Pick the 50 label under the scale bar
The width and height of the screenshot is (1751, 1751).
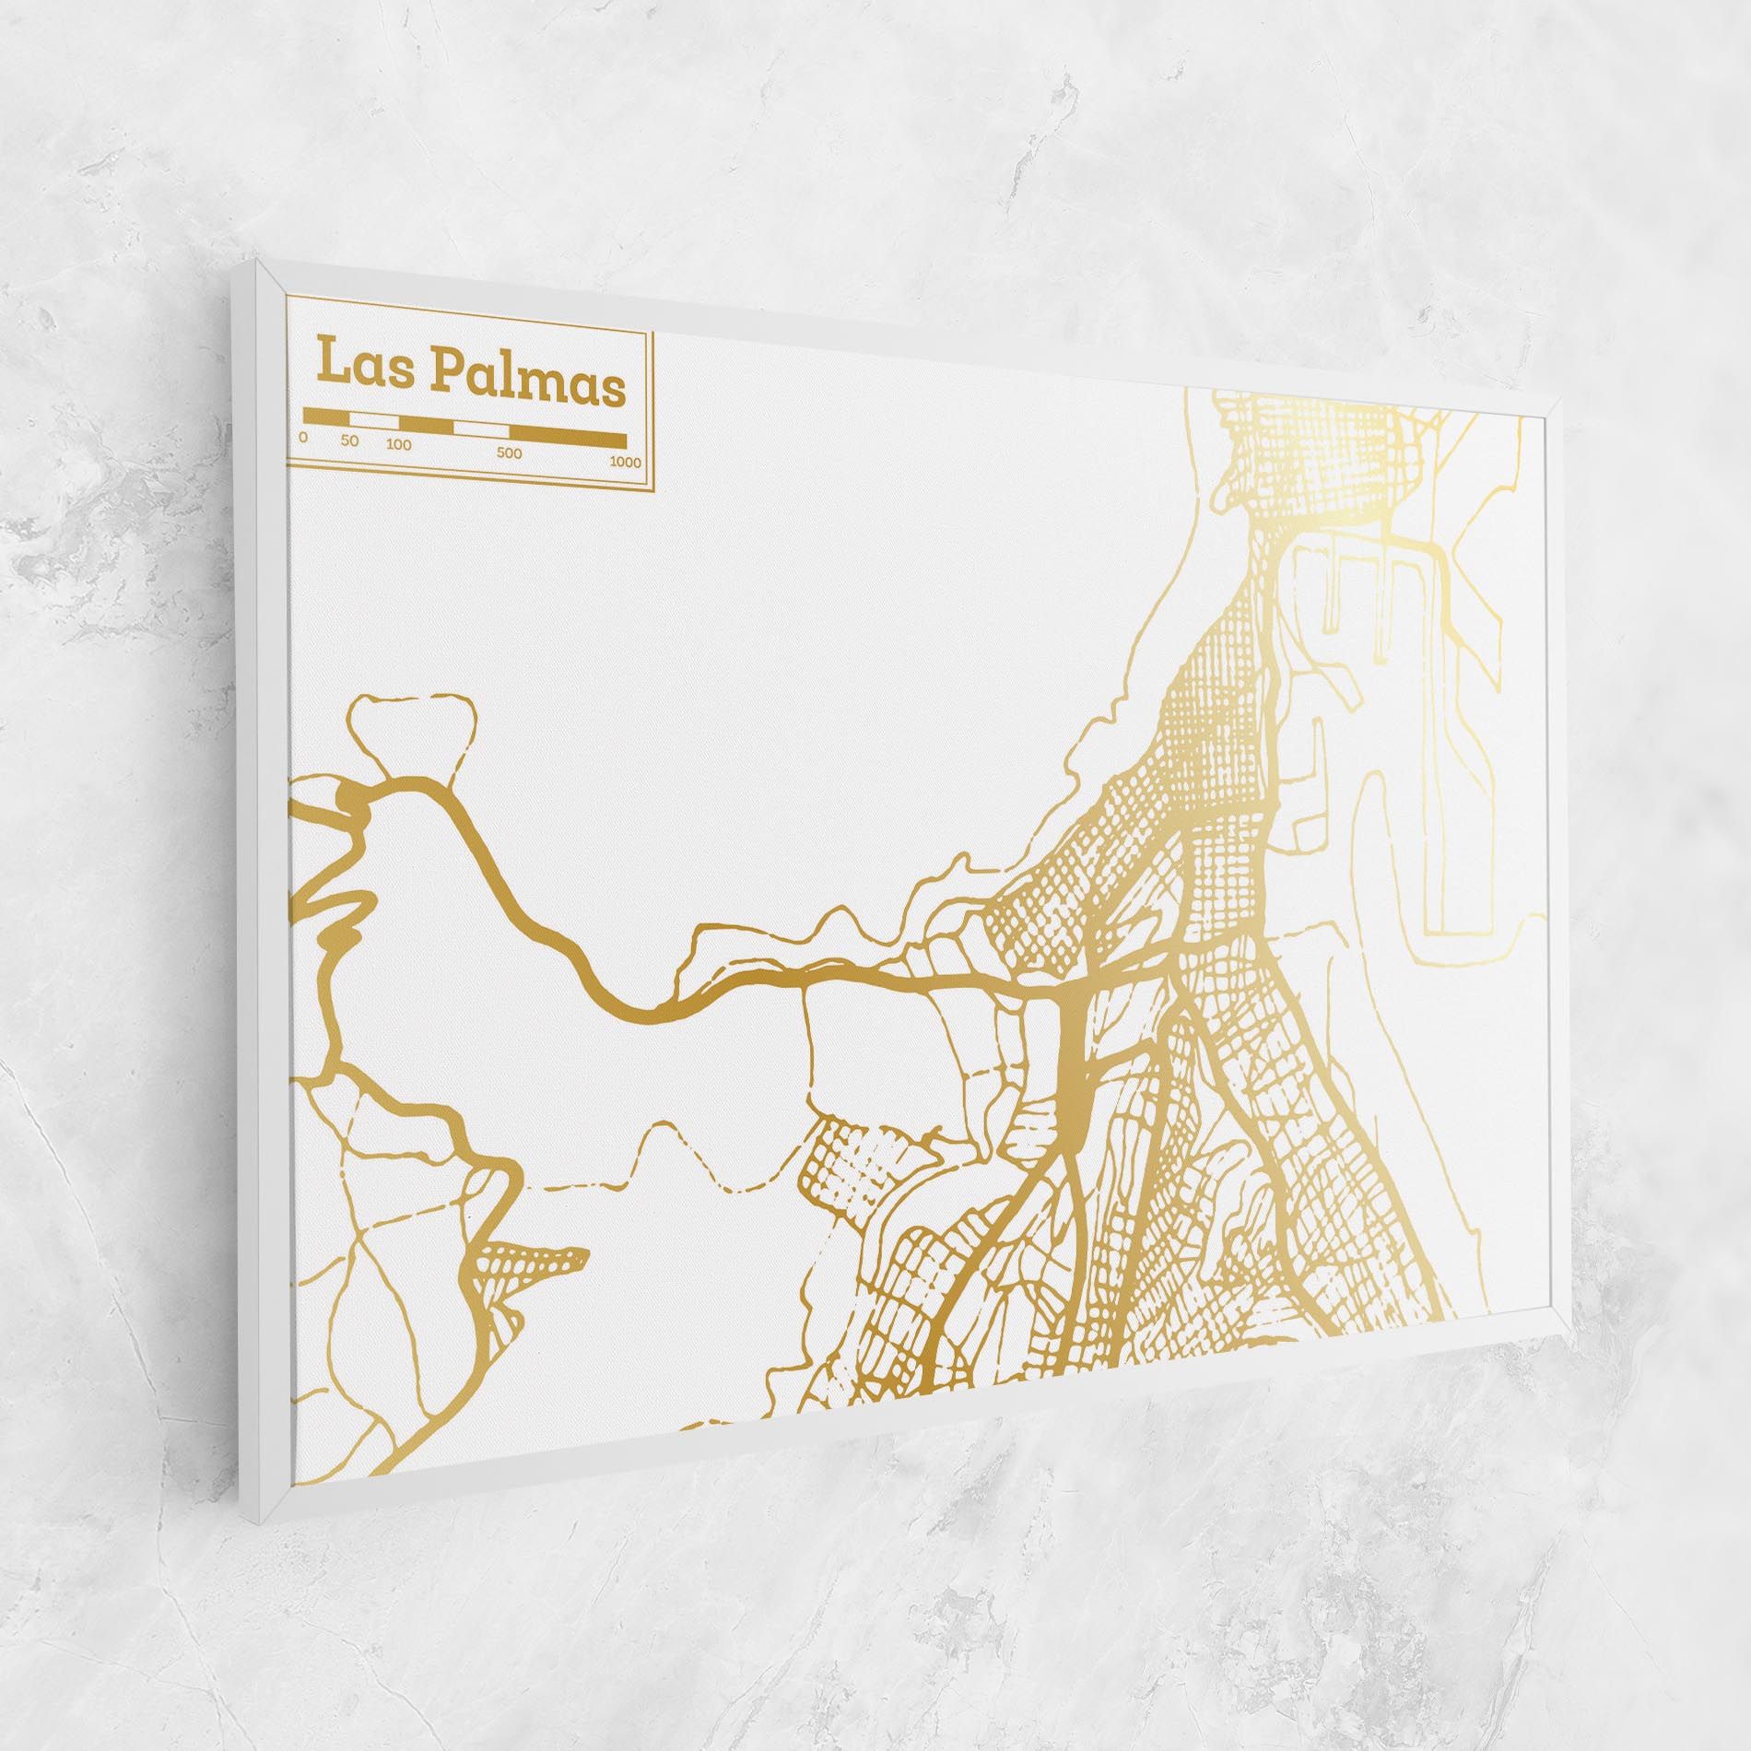pyautogui.click(x=348, y=441)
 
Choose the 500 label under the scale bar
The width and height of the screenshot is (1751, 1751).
pyautogui.click(x=509, y=453)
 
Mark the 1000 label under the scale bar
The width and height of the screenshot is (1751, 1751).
pyautogui.click(x=625, y=463)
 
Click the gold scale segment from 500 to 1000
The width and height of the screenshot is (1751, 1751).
pyautogui.click(x=568, y=438)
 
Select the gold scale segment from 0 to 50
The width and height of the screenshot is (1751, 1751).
pyautogui.click(x=326, y=417)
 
